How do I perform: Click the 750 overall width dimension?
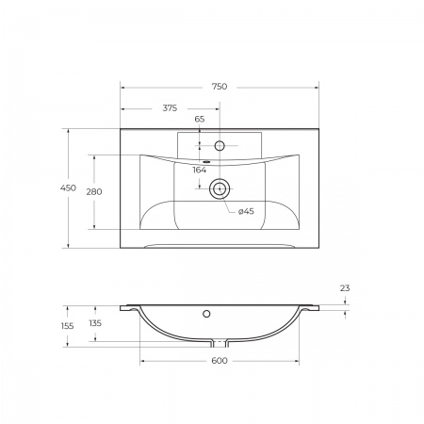click(x=219, y=86)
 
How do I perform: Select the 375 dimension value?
click(x=170, y=108)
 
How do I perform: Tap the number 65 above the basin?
click(x=200, y=120)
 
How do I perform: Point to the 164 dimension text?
click(x=200, y=170)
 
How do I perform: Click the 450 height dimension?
click(x=68, y=188)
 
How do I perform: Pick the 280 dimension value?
click(x=94, y=191)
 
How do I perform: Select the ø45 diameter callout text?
click(x=245, y=210)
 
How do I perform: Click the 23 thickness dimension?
click(x=346, y=289)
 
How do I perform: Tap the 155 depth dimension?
click(x=68, y=325)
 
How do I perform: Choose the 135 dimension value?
click(x=94, y=323)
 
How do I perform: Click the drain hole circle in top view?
click(x=219, y=188)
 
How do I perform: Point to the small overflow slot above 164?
click(x=200, y=160)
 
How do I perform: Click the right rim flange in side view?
click(x=310, y=307)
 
